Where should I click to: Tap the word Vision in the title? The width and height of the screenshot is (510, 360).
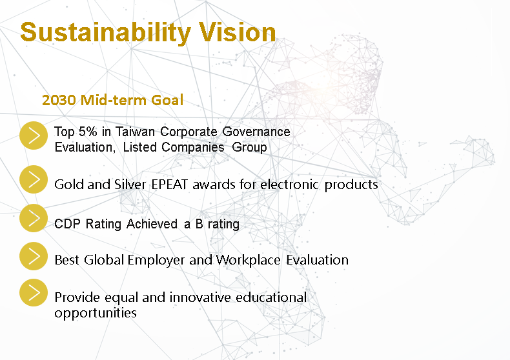(238, 32)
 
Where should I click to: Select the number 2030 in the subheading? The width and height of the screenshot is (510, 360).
(59, 100)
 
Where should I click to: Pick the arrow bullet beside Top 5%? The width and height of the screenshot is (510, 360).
(34, 135)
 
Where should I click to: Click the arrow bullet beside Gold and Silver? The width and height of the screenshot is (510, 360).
(34, 179)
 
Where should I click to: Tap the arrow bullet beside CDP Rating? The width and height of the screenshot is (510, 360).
(34, 218)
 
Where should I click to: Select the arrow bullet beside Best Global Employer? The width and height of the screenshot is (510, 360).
(34, 256)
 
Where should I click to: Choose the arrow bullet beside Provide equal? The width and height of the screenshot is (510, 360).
(34, 292)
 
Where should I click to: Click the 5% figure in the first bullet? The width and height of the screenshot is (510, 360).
(88, 132)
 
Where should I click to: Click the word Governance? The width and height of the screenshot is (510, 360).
(256, 132)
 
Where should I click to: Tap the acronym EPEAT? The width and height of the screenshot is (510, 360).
(169, 185)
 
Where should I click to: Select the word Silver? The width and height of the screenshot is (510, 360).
(130, 185)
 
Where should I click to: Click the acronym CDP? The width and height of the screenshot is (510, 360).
(67, 224)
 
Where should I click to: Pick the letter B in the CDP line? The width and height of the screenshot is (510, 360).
(199, 224)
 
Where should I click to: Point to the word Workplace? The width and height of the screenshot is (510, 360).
(248, 260)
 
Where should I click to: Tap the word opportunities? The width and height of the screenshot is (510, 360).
(96, 313)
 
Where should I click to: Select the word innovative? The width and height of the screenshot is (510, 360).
(200, 297)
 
